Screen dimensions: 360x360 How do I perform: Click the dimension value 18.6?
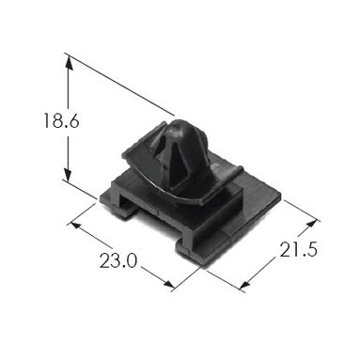click(x=61, y=120)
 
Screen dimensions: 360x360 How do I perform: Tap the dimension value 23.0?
click(x=118, y=260)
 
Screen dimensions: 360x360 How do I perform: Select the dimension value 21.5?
click(x=299, y=249)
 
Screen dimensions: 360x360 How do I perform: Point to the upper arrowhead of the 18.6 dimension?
click(x=69, y=63)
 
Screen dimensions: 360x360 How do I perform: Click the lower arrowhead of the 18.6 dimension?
click(x=69, y=173)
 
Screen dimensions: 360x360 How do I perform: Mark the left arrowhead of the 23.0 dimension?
click(x=75, y=227)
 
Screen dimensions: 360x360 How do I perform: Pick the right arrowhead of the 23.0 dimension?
click(x=166, y=284)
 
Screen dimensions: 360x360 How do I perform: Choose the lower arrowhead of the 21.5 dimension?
click(x=245, y=284)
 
